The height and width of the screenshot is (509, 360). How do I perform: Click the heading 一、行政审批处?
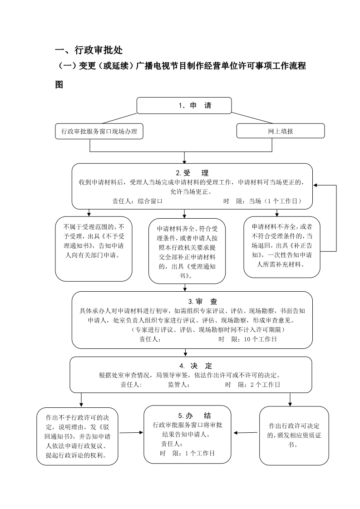[x=89, y=50]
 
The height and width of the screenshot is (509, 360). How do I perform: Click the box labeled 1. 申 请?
[x=184, y=106]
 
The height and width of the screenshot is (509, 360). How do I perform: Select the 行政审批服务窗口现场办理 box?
[x=99, y=132]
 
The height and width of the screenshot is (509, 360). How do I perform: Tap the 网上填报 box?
[x=281, y=132]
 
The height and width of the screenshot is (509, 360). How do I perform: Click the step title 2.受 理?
[x=192, y=173]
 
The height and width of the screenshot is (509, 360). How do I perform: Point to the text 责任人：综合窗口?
[x=138, y=201]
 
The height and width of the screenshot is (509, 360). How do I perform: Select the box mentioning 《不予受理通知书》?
[x=94, y=249]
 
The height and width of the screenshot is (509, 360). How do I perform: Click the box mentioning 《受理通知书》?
[x=187, y=251]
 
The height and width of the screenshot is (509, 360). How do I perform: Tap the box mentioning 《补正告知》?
[x=282, y=247]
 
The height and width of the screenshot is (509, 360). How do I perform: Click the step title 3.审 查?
[x=202, y=302]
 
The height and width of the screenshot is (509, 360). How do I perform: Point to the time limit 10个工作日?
[x=260, y=339]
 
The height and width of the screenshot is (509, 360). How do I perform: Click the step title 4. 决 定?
[x=196, y=366]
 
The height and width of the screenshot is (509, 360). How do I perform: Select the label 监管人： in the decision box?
[x=179, y=385]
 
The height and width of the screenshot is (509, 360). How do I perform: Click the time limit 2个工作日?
[x=265, y=385]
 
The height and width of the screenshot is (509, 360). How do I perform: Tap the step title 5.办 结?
[x=194, y=416]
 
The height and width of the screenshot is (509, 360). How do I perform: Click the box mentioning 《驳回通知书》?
[x=77, y=436]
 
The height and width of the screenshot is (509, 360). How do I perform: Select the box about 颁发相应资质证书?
[x=294, y=436]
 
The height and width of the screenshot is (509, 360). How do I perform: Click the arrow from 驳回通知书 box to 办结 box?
[x=131, y=433]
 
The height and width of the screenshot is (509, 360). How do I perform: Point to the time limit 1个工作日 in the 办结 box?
[x=200, y=454]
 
